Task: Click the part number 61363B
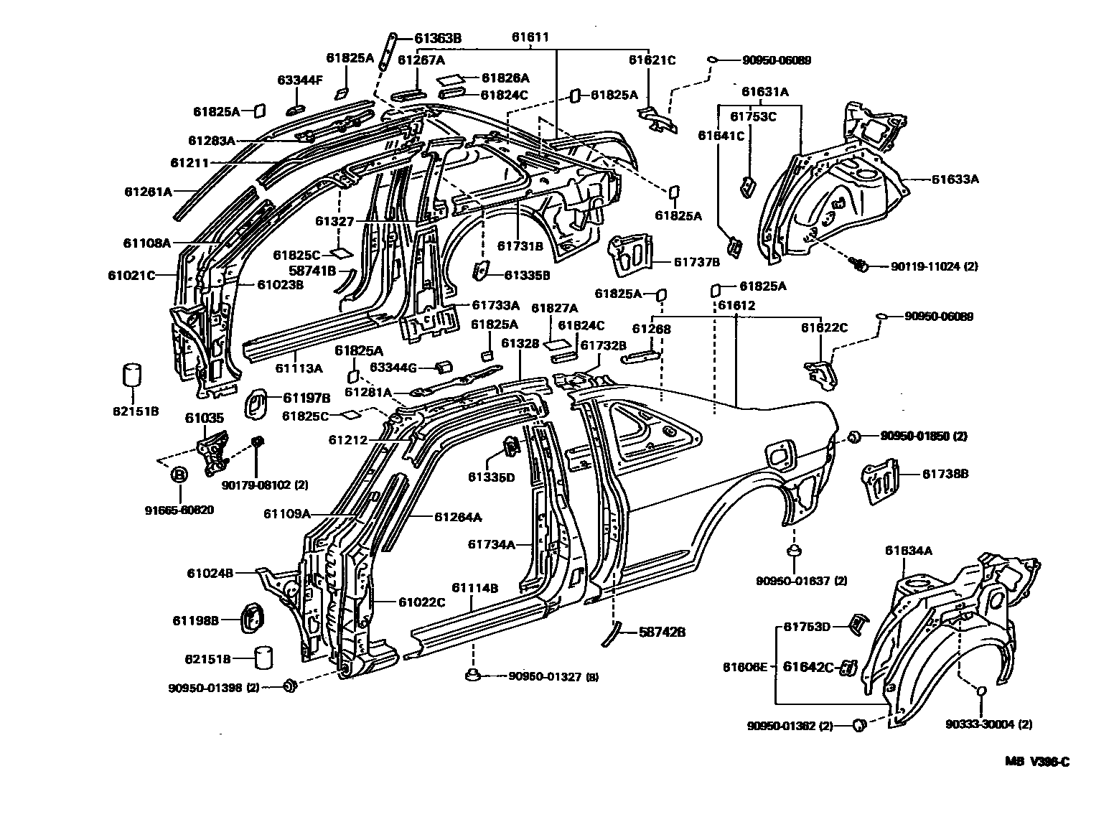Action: (x=437, y=39)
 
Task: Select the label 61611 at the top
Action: (x=530, y=37)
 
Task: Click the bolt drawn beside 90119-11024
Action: (x=858, y=265)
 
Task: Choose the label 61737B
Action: (x=696, y=262)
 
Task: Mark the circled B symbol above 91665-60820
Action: (x=179, y=475)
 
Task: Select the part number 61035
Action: (x=205, y=418)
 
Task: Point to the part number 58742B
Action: (x=662, y=632)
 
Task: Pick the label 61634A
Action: (x=908, y=551)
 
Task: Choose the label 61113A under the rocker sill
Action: (x=299, y=368)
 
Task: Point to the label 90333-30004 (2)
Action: (x=989, y=724)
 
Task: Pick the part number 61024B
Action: (x=210, y=572)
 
